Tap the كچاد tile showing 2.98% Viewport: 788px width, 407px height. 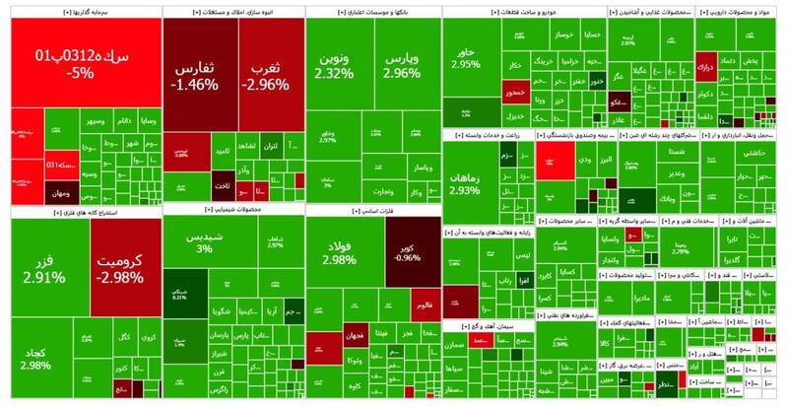click(x=34, y=360)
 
